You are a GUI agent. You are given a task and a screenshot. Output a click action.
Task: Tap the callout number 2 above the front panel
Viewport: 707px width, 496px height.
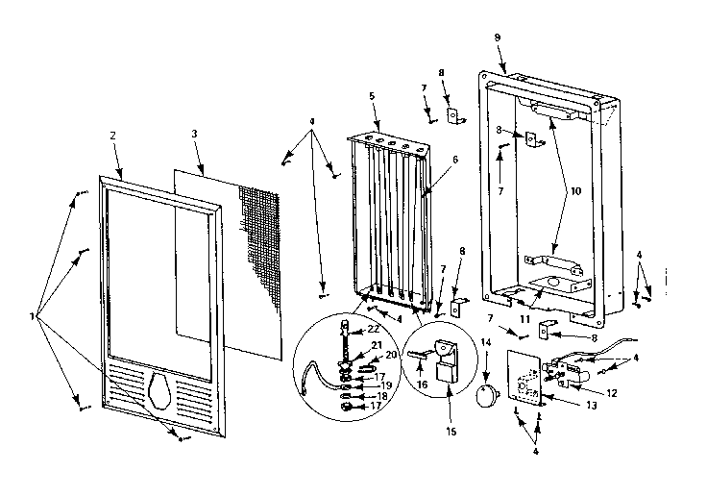coord(112,136)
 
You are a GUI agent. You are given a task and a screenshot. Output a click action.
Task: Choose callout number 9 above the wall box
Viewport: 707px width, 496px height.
coord(497,37)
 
